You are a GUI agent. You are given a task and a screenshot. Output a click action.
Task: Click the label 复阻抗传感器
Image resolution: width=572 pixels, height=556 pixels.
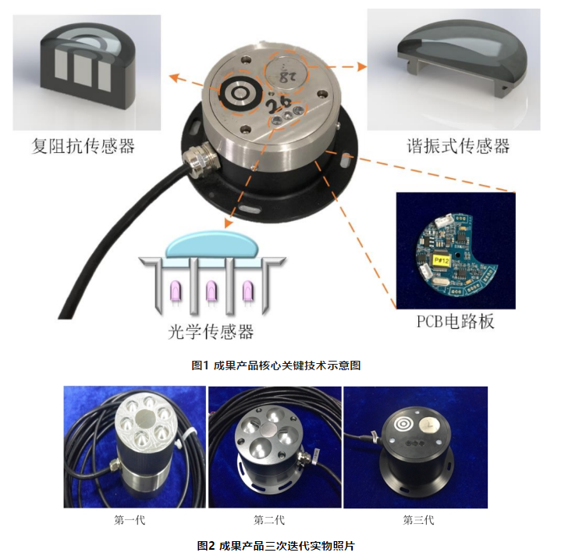(x=83, y=146)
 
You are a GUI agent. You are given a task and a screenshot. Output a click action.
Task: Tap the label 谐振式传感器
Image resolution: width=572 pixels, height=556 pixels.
(x=458, y=146)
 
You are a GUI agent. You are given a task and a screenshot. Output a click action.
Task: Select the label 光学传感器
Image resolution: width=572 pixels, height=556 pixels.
(x=211, y=332)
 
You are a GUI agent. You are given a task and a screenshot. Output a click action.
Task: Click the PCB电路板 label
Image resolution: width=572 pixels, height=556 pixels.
(x=456, y=321)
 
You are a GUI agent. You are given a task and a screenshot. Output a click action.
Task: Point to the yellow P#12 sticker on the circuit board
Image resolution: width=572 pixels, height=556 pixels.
(x=442, y=261)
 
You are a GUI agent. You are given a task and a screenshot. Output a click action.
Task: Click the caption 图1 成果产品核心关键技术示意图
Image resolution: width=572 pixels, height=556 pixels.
(x=276, y=365)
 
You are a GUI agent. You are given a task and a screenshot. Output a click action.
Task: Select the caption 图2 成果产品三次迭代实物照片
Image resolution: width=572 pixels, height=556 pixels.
(x=275, y=546)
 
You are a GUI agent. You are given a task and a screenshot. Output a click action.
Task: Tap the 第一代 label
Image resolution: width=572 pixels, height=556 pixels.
(x=130, y=520)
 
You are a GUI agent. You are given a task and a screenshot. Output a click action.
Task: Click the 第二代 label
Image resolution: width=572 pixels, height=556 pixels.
(x=269, y=520)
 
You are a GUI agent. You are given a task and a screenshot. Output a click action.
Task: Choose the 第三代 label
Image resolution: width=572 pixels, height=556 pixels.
(x=418, y=520)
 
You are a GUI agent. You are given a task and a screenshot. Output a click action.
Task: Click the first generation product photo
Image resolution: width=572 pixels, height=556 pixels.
(x=134, y=447)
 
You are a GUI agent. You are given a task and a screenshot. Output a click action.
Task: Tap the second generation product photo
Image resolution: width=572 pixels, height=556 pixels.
(x=275, y=447)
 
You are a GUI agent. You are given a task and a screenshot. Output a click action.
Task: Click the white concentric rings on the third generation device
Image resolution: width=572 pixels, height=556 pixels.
(x=404, y=425)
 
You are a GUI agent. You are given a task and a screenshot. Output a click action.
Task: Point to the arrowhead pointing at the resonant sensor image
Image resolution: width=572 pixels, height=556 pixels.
(x=362, y=66)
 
